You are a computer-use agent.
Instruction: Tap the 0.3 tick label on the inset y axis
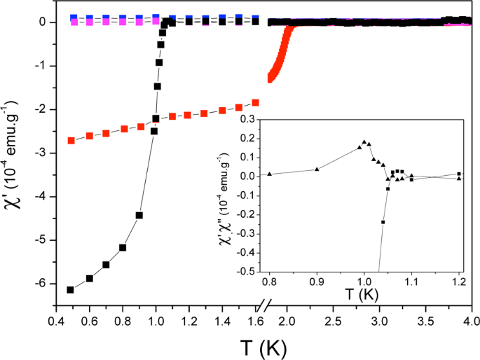pos(246,120)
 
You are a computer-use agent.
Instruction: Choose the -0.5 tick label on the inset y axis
pos(244,271)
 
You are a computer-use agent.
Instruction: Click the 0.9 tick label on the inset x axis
pos(317,282)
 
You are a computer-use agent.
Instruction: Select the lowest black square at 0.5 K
pos(70,290)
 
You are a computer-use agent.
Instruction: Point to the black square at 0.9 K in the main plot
pos(139,215)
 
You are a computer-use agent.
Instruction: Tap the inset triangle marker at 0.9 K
pos(317,169)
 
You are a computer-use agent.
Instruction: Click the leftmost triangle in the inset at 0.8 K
pos(270,174)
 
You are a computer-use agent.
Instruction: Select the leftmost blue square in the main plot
pos(74,16)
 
